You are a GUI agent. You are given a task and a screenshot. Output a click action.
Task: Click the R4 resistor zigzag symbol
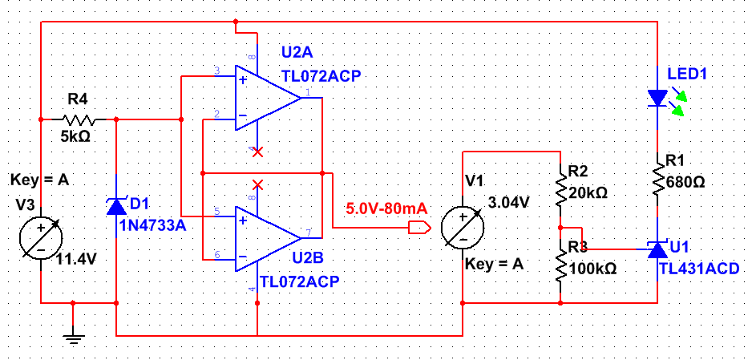(79, 119)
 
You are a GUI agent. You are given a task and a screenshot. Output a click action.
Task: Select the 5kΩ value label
(75, 136)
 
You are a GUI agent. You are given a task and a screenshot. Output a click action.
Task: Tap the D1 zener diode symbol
(117, 205)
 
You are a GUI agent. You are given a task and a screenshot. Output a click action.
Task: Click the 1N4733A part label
(152, 225)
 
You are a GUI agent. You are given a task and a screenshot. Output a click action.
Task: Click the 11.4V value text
(79, 260)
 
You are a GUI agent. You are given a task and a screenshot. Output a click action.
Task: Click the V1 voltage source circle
(463, 229)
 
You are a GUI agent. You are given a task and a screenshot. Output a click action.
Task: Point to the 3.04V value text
(509, 203)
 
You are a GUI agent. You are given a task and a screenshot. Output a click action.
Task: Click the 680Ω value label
(685, 182)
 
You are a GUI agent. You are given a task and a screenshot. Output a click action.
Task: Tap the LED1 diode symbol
(657, 99)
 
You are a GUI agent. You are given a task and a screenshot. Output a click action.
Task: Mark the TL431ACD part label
(698, 268)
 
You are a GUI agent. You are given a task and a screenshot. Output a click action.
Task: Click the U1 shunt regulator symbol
(657, 250)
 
